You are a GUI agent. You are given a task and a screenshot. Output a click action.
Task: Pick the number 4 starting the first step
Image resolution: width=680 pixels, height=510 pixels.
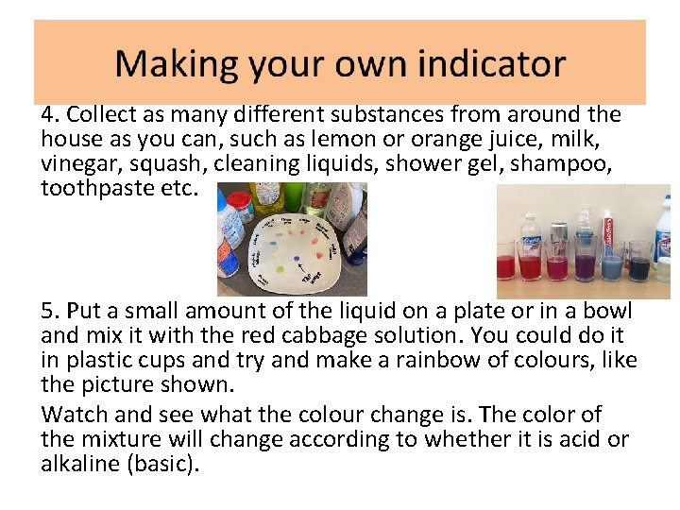[48, 115]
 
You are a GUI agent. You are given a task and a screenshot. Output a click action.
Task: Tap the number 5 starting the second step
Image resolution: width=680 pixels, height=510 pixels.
[48, 312]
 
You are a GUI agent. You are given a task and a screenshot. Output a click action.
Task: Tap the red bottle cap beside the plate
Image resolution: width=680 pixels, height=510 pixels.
[239, 201]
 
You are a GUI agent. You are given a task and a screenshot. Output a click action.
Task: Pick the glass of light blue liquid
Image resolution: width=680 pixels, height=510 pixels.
[612, 265]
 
